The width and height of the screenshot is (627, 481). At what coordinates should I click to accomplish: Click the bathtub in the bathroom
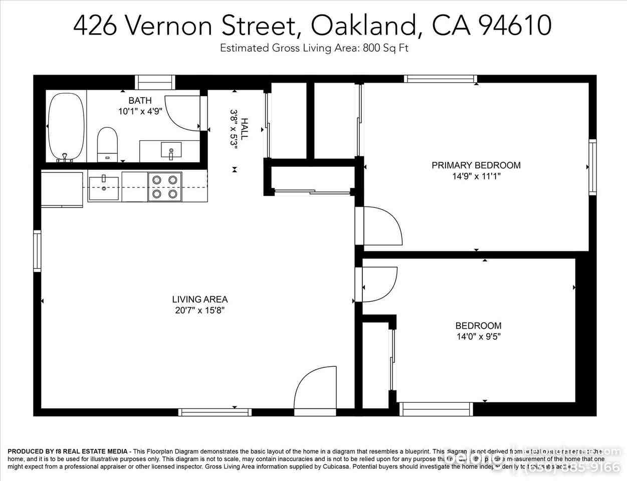coord(66,126)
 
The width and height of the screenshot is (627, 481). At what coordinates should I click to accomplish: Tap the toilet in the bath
coord(107,143)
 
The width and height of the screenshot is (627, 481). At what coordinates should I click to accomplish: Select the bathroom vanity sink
coord(171,150)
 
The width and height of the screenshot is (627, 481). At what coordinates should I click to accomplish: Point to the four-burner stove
coord(165,186)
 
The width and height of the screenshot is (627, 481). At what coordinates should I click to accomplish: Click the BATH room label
coord(140,101)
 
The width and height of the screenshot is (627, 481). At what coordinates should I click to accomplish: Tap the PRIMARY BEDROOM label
coord(476,165)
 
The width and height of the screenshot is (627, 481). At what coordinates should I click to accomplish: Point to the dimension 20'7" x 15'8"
coord(200,311)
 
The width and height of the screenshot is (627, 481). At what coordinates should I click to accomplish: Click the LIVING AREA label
coord(200,300)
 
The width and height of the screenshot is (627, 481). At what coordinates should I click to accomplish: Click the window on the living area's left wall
coord(37,251)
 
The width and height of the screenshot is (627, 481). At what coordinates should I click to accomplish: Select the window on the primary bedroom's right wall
coord(592,167)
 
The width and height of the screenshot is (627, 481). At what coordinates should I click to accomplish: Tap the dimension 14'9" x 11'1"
coord(476,176)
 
